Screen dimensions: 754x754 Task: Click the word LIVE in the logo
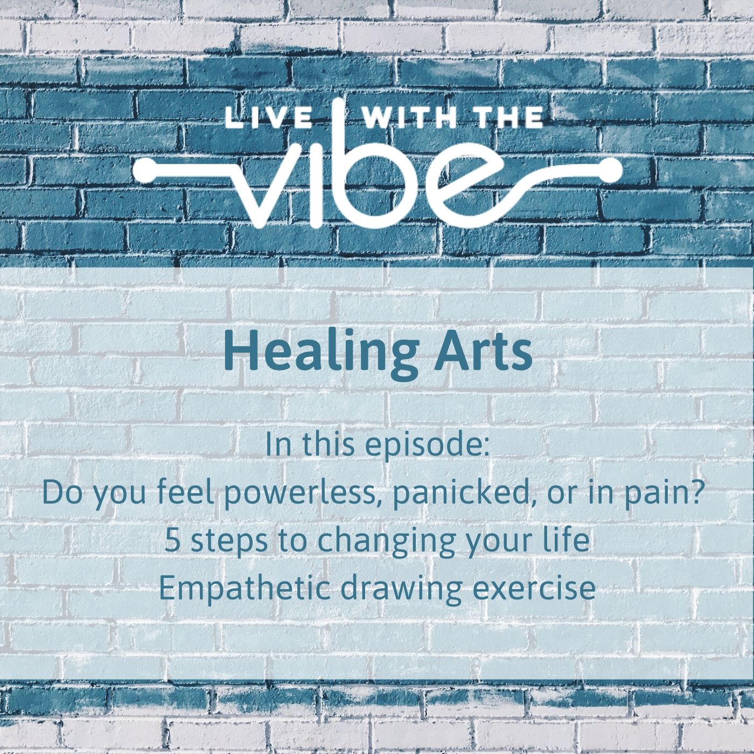(269, 119)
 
